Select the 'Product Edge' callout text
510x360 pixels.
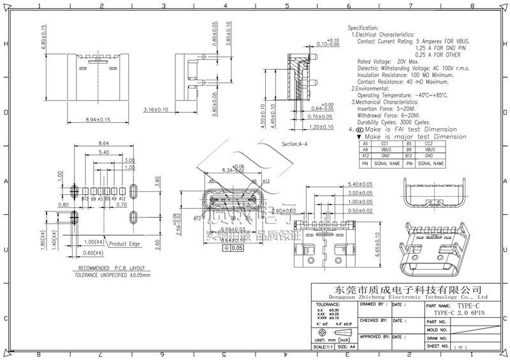(x=126, y=243)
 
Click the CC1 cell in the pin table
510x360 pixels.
(x=385, y=144)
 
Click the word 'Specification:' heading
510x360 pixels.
(x=363, y=29)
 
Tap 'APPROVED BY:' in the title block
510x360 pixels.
(x=374, y=336)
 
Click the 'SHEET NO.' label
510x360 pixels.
(x=438, y=346)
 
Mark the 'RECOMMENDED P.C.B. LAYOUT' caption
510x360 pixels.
(x=105, y=268)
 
